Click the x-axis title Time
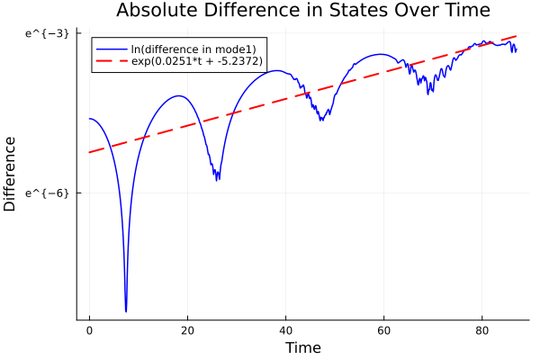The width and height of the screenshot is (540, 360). (302, 347)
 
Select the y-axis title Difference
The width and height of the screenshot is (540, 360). (10, 174)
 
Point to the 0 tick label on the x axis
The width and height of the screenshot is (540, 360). (89, 330)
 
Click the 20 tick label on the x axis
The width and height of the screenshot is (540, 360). (187, 330)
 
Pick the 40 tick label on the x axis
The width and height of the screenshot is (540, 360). (285, 330)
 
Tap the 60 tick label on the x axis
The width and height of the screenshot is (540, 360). (383, 330)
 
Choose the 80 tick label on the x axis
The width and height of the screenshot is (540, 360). (481, 330)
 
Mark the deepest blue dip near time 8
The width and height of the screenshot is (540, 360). (126, 310)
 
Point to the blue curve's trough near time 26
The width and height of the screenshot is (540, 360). (218, 179)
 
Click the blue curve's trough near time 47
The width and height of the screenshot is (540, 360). (321, 119)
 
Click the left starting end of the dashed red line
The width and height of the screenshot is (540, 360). (89, 152)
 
